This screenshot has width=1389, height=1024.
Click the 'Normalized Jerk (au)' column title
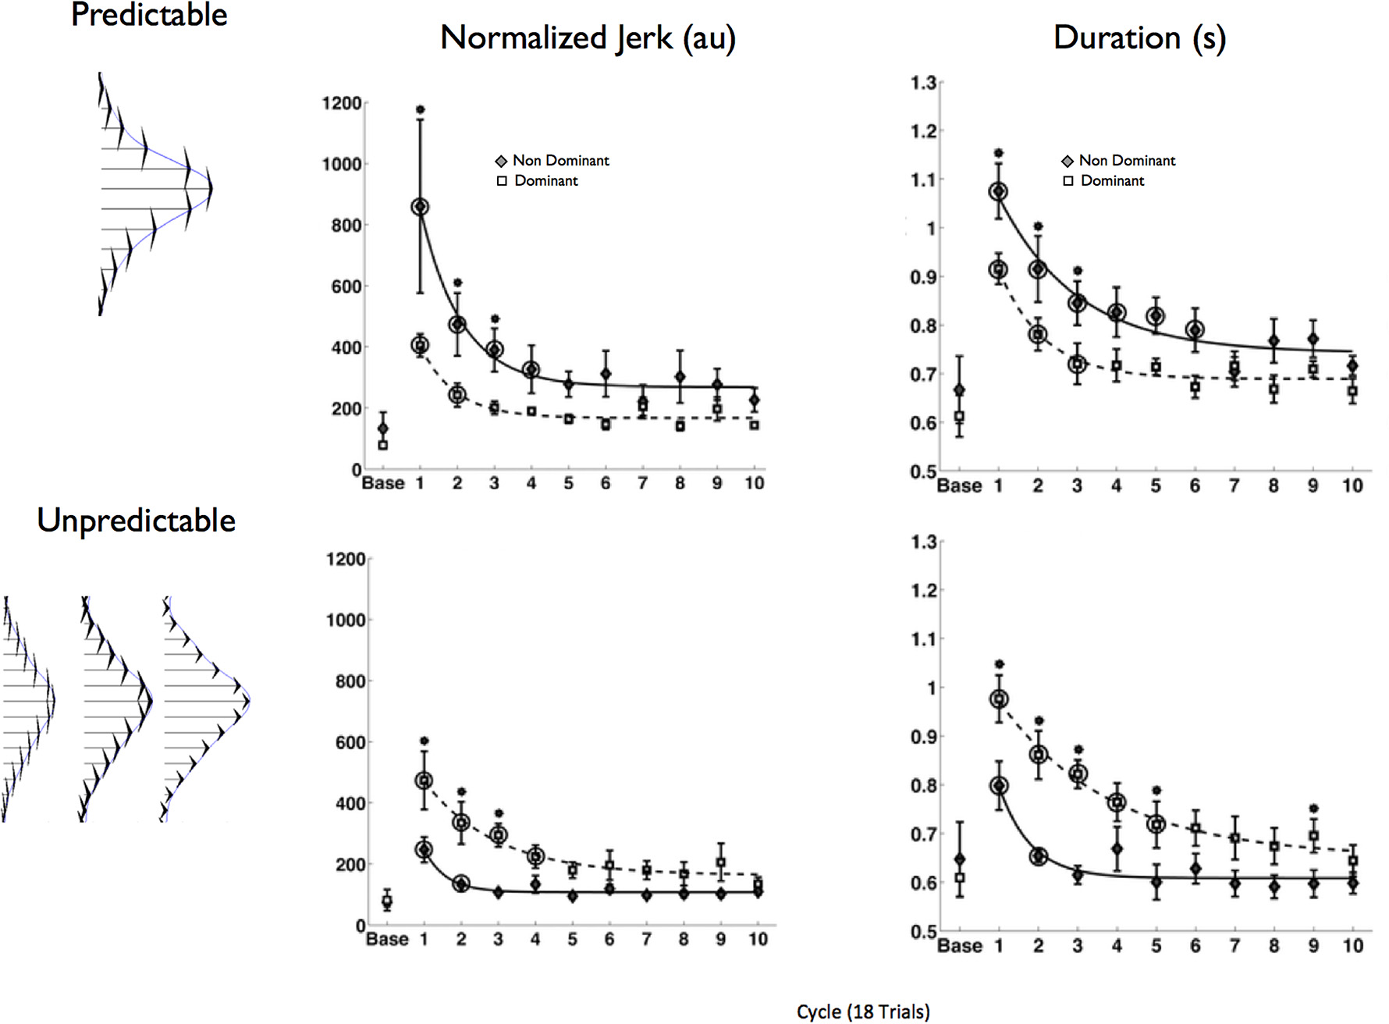[x=588, y=38]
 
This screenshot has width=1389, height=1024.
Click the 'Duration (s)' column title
[x=1139, y=38]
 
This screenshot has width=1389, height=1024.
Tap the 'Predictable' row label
[x=149, y=15]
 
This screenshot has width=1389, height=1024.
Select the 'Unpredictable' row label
[x=136, y=521]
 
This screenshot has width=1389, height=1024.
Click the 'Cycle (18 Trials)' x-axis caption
[x=863, y=1012]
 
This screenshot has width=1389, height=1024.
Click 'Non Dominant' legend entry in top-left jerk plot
[x=560, y=161]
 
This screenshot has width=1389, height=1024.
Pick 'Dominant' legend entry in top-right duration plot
[x=1112, y=181]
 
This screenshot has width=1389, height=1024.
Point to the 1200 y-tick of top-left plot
[x=342, y=103]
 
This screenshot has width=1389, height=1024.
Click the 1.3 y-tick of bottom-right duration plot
[x=923, y=542]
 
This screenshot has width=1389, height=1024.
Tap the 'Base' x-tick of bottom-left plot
[x=387, y=939]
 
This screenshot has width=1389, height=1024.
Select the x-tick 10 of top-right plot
[x=1352, y=486]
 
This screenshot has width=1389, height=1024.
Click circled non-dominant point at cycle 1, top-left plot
[x=420, y=207]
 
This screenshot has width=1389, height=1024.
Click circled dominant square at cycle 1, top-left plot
[x=420, y=346]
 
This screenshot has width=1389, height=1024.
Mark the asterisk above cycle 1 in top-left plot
[x=420, y=110]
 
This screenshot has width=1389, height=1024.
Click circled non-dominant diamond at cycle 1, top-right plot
[x=998, y=191]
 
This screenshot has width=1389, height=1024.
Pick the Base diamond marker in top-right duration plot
[x=959, y=390]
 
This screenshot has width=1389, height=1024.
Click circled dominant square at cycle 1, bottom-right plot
[x=998, y=699]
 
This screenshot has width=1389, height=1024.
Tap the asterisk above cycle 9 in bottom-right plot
[x=1313, y=809]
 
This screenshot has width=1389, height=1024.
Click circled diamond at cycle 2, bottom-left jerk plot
[x=461, y=884]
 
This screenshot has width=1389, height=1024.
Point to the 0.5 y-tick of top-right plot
[x=923, y=472]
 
